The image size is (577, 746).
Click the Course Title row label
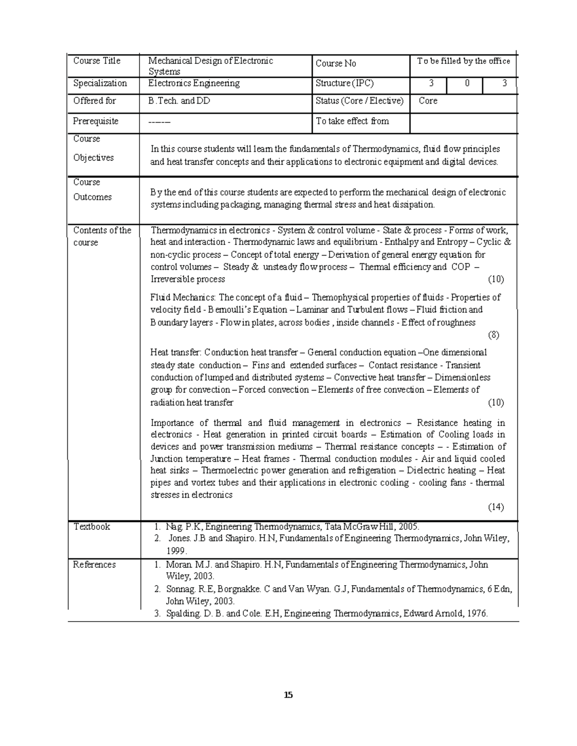(x=97, y=61)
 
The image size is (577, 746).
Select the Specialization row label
(x=100, y=84)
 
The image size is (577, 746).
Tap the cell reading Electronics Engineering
(x=194, y=84)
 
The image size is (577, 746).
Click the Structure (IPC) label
(x=344, y=84)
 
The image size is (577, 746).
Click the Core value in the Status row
(x=428, y=101)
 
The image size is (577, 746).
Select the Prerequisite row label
(x=95, y=121)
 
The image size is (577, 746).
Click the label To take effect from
(x=352, y=121)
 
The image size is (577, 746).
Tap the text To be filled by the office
(x=464, y=61)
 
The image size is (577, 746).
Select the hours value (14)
(x=496, y=507)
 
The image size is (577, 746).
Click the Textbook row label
(x=91, y=526)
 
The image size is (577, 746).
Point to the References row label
(x=94, y=565)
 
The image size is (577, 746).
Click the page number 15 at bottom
(x=288, y=695)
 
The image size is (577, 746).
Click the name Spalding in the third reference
(x=182, y=613)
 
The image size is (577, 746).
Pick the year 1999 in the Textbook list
(x=176, y=550)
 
